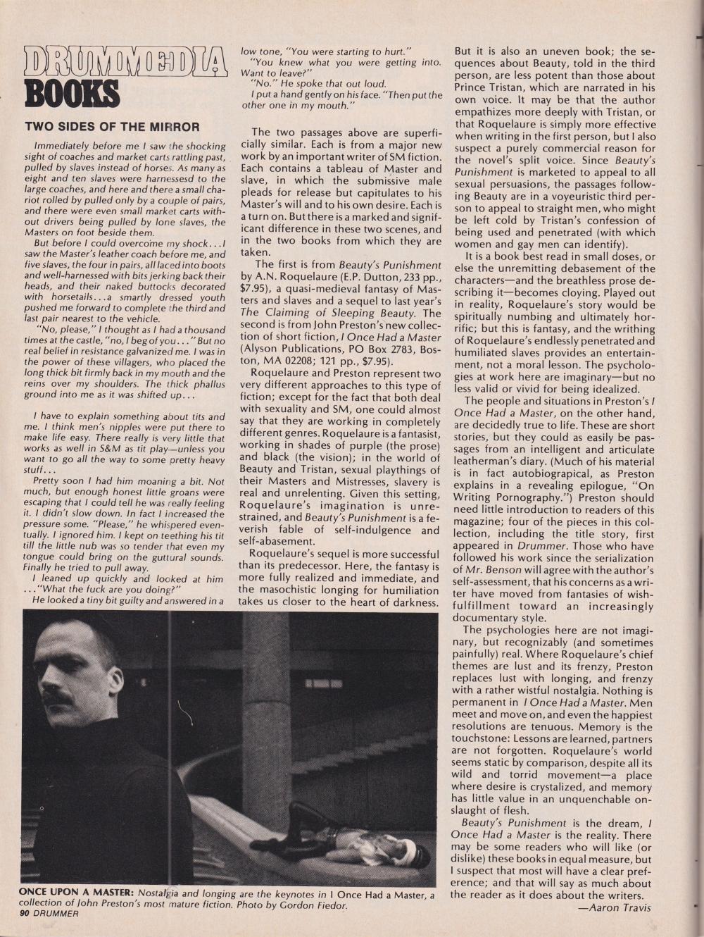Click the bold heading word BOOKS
pos(72,94)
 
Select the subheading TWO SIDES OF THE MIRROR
pos(113,127)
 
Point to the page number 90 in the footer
pos(25,913)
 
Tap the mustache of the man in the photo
pos(60,698)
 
